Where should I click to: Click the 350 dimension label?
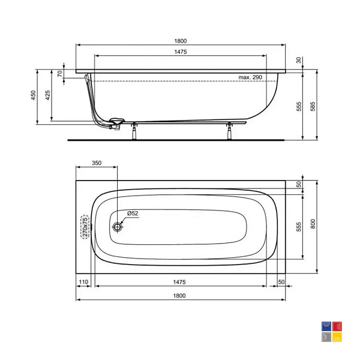pos(97,163)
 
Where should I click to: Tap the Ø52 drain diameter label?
pos(133,213)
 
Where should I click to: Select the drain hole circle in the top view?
pos(118,227)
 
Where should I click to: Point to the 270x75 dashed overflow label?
pos(85,227)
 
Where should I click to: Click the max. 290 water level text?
pos(250,77)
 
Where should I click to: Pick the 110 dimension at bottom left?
pos(83,282)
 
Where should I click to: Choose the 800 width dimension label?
pos(313,224)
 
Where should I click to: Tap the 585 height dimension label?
pos(313,107)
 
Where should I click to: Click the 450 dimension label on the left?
pos(34,95)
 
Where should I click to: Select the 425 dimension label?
pos(47,95)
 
